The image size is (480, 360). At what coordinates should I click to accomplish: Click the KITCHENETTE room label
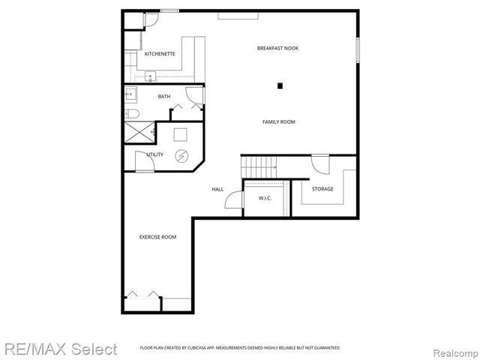point(160,54)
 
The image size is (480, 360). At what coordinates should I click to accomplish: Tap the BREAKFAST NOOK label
point(277,48)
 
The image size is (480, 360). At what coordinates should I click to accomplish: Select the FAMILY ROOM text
point(278,121)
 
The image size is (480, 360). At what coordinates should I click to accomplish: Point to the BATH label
point(163,97)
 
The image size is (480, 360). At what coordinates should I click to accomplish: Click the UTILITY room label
point(155,154)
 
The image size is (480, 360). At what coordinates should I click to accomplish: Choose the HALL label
point(217,189)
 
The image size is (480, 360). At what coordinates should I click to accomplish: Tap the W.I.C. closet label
point(265,198)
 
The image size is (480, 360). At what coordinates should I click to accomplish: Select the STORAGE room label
point(322,189)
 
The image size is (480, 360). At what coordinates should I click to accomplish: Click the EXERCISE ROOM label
point(157,237)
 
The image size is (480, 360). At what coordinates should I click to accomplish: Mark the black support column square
point(280,85)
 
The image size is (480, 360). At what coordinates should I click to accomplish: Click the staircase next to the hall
point(258,164)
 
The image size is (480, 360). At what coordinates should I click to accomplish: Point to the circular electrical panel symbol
point(181,156)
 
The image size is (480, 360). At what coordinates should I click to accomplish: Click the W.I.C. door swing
point(234,201)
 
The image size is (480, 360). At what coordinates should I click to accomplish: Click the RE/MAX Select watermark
point(59,349)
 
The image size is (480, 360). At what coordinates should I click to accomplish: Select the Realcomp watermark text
point(454,349)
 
